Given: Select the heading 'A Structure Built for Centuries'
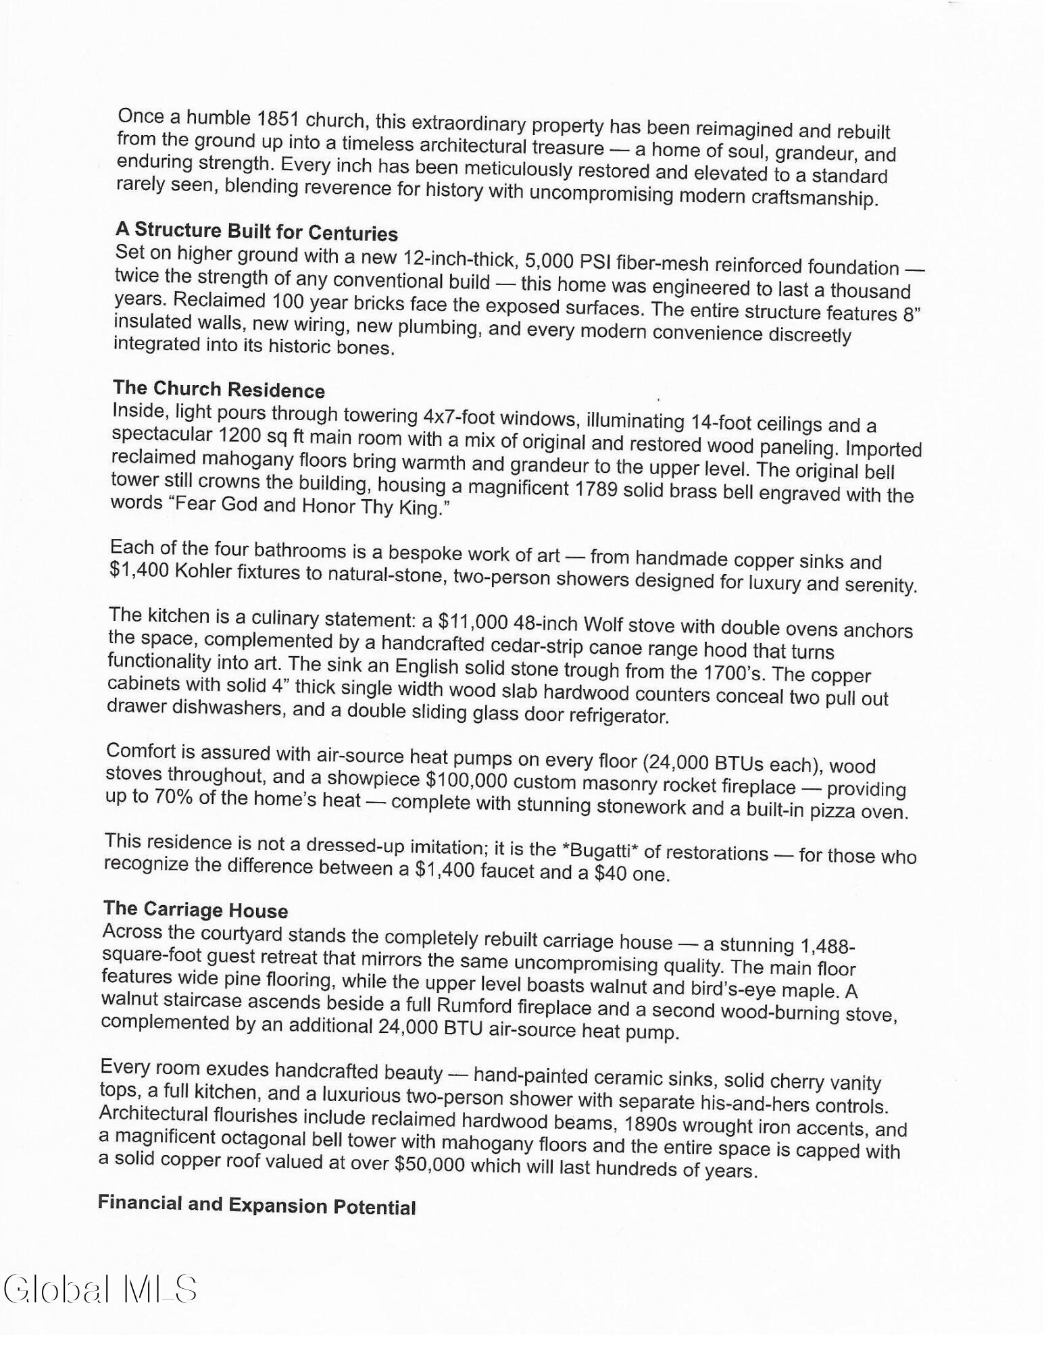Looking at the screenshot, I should [257, 232].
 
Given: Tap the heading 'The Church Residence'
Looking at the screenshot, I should [219, 389].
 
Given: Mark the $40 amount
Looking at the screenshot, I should [610, 873].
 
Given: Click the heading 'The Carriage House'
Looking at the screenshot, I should [196, 909].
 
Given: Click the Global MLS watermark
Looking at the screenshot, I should [100, 1289].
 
